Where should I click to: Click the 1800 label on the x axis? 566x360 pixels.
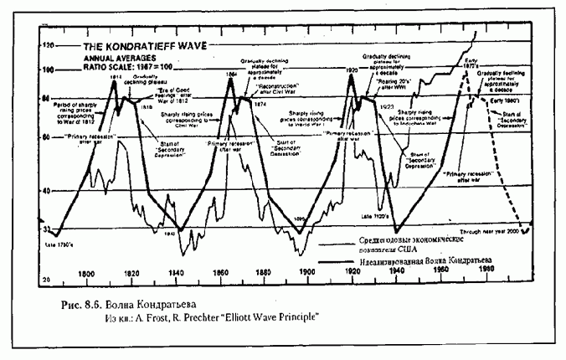[x=86, y=273]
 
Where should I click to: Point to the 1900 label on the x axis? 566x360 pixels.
[x=307, y=273]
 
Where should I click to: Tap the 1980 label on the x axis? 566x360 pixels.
[x=486, y=271]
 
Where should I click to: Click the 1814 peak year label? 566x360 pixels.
[x=116, y=75]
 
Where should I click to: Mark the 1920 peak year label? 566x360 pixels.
[x=352, y=72]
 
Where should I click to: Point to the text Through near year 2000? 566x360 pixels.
[x=491, y=232]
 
